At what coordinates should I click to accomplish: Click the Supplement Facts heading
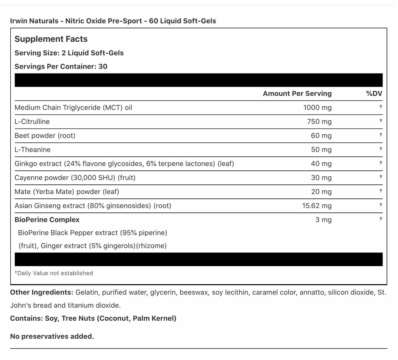coord(51,39)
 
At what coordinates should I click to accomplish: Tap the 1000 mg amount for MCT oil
coord(317,107)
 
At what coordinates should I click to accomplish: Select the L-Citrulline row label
coord(32,121)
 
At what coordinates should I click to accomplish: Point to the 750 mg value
coord(319,121)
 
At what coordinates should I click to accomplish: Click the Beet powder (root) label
coord(45,135)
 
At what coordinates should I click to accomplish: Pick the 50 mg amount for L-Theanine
coord(321,149)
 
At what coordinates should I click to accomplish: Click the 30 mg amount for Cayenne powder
coord(321,177)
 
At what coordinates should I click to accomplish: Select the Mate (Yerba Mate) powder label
coord(67,191)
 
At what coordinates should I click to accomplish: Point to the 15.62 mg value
coord(317,205)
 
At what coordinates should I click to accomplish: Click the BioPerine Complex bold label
coord(47,219)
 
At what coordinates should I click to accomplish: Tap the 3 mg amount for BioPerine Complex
coord(323,220)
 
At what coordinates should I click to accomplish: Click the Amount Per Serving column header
coord(297,93)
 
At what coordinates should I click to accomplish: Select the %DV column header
coord(374,93)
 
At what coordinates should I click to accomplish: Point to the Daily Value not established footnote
coord(54,273)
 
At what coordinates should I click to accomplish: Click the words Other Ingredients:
coord(42,292)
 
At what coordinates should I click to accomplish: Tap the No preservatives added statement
coord(52,336)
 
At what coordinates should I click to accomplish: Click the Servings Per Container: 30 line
coord(61,67)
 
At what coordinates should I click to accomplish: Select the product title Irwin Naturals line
coord(113,21)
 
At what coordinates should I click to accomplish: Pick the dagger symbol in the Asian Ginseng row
coord(381,205)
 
